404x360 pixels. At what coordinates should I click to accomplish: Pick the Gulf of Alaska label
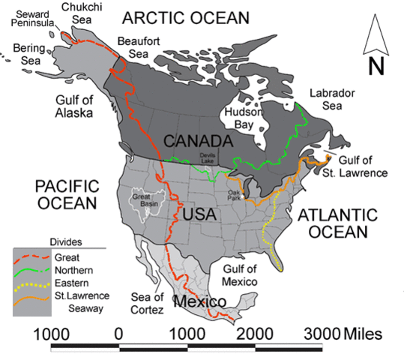pyautogui.click(x=73, y=106)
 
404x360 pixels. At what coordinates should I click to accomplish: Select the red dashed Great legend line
pyautogui.click(x=29, y=257)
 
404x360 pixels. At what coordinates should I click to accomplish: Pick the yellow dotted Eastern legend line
pyautogui.click(x=29, y=285)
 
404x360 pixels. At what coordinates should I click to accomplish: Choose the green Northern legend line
pyautogui.click(x=29, y=271)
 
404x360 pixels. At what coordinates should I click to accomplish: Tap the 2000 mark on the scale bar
pyautogui.click(x=256, y=332)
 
